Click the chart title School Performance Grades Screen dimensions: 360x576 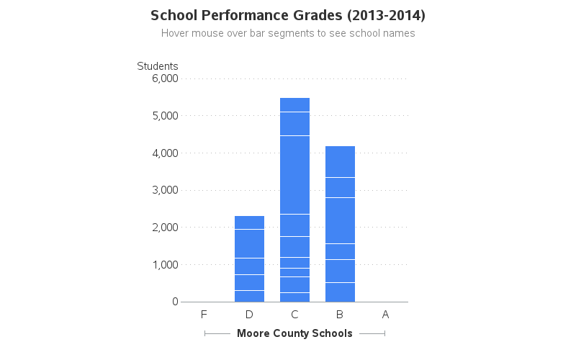[288, 15]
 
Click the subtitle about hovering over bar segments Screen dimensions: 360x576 [288, 33]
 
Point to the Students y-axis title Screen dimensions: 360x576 [158, 66]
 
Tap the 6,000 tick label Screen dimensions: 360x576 [165, 78]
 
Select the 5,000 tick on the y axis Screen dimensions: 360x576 [165, 116]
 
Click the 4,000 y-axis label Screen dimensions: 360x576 [165, 153]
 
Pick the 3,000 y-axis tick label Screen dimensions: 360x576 [165, 190]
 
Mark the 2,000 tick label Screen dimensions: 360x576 [165, 228]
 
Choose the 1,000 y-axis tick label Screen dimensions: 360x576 [165, 265]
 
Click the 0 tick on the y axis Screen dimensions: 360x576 [175, 302]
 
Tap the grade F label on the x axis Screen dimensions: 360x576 [204, 315]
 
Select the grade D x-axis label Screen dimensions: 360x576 [249, 315]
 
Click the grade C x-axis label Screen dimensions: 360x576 [294, 315]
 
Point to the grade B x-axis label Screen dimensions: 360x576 [340, 315]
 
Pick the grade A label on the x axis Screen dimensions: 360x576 [385, 315]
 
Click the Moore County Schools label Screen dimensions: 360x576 [294, 333]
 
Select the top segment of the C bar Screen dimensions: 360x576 [294, 105]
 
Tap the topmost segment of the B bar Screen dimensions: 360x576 [340, 161]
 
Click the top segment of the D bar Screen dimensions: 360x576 [249, 222]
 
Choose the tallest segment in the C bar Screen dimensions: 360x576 [294, 175]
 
